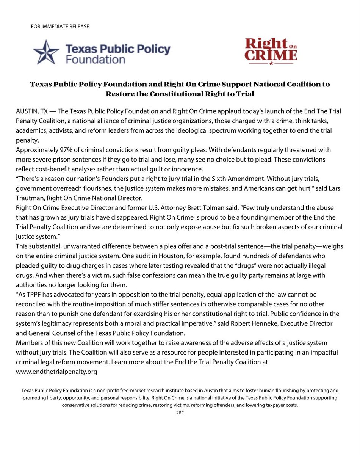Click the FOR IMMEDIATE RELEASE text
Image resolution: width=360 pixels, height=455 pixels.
(60, 26)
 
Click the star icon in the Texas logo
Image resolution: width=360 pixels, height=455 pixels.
(46, 52)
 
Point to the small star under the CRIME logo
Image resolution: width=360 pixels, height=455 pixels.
(271, 63)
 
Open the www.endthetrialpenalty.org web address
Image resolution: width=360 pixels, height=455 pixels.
(57, 372)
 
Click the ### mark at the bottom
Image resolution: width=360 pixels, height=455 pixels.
(180, 412)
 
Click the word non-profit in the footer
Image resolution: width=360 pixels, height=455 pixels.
(113, 390)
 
